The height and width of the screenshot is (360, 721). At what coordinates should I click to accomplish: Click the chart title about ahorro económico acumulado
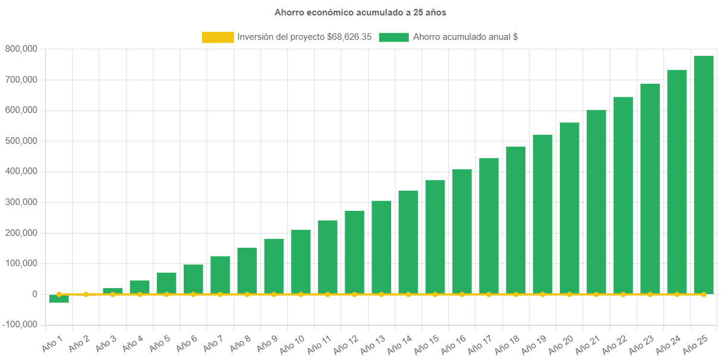[x=360, y=12]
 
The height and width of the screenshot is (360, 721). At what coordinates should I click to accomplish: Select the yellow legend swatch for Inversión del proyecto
[x=218, y=37]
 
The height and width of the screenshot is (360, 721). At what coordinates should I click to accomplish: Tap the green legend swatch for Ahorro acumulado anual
[x=393, y=37]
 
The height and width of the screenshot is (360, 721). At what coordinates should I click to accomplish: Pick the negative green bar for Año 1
[x=59, y=299]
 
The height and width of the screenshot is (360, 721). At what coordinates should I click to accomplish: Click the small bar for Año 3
[x=112, y=290]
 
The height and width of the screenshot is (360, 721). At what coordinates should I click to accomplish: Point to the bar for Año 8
[x=247, y=270]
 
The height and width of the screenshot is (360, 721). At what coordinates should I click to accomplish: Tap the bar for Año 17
[x=489, y=226]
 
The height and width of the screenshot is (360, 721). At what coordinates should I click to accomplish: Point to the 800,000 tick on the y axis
[x=21, y=49]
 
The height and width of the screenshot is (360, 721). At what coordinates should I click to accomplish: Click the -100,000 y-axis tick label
[x=20, y=325]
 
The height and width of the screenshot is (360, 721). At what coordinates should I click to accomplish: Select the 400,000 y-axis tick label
[x=21, y=171]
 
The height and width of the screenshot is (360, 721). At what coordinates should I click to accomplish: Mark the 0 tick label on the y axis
[x=34, y=294]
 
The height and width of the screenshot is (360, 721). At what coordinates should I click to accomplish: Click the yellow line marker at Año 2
[x=86, y=294]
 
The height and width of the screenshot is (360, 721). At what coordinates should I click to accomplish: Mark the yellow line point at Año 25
[x=704, y=294]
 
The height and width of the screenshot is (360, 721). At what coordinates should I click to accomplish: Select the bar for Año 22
[x=623, y=195]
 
